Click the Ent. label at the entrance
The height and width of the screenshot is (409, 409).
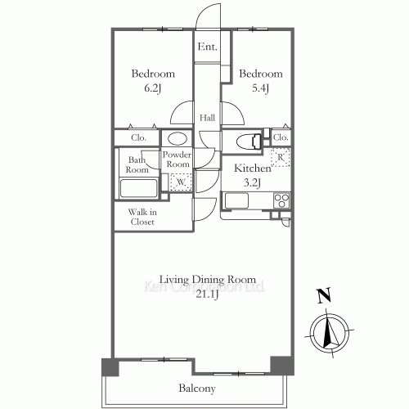[208, 47]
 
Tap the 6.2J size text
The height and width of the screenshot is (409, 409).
[153, 88]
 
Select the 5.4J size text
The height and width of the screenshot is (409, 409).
[261, 88]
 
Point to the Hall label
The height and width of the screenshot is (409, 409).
[207, 118]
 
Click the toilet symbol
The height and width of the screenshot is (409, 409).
[249, 142]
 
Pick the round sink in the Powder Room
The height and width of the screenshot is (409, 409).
[178, 138]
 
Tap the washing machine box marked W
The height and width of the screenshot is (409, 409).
[181, 182]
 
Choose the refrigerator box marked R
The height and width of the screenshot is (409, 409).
[281, 157]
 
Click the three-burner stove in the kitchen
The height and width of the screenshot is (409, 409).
[281, 200]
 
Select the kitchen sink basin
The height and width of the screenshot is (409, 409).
[236, 201]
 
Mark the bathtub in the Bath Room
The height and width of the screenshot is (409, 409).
[139, 188]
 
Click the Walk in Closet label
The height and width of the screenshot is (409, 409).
[142, 217]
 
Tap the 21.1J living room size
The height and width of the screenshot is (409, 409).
[208, 294]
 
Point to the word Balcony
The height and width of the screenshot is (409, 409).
[197, 389]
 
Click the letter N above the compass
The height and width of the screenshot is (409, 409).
[325, 295]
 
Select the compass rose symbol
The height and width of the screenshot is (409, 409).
[330, 333]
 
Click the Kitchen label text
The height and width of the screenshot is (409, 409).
[253, 169]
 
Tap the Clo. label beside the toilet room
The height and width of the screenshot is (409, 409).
[281, 137]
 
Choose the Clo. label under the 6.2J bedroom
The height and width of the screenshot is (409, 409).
[138, 137]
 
